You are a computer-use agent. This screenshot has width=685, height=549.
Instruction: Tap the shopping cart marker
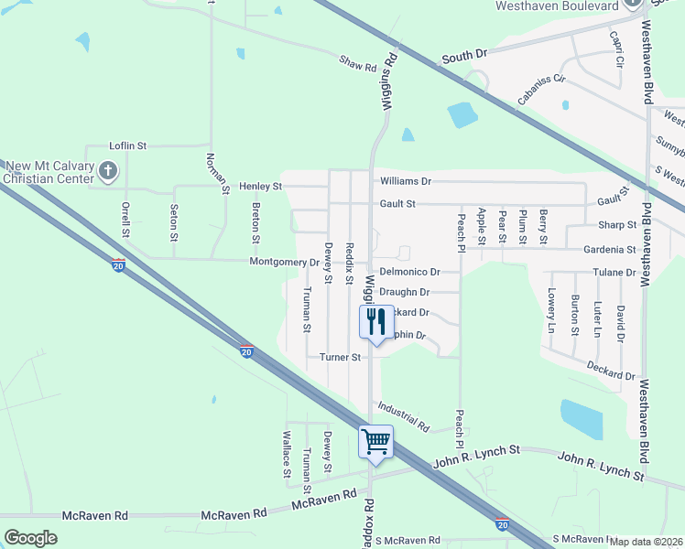[x=375, y=442]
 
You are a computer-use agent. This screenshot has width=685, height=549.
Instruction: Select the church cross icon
[x=108, y=170]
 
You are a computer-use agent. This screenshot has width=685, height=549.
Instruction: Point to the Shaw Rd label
[x=358, y=64]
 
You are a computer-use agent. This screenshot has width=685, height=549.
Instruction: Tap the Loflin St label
[x=128, y=145]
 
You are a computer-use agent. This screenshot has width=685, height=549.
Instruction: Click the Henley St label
[x=260, y=186]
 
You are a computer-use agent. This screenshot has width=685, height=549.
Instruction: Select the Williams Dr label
[x=406, y=181]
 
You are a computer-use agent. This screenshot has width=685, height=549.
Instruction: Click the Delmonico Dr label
[x=409, y=272]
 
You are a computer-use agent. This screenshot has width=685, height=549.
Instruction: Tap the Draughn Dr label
[x=404, y=292]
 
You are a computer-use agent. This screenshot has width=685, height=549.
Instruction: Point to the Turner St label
[x=340, y=357]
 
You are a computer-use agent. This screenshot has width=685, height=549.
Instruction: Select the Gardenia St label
[x=609, y=249]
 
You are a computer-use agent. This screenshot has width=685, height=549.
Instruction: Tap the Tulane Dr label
[x=613, y=273]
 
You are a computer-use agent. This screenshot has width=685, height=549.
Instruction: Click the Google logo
[x=30, y=537]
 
